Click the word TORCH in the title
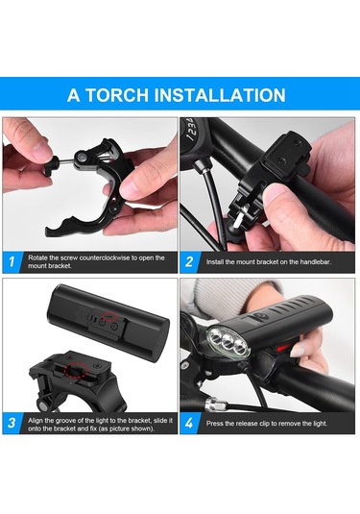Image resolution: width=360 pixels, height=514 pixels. click(x=116, y=95)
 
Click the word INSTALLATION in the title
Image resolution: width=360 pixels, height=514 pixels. click(x=220, y=95)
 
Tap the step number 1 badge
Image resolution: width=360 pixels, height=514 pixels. click(x=12, y=262)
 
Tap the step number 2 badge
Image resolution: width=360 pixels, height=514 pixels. click(x=189, y=262)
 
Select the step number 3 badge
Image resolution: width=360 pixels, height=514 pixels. click(x=12, y=423)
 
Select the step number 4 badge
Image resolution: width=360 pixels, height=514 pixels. click(x=189, y=423)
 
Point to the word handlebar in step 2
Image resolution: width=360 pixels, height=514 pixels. click(x=315, y=262)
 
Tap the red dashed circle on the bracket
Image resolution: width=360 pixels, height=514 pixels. click(x=77, y=370)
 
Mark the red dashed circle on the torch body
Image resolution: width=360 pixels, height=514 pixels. click(x=109, y=316)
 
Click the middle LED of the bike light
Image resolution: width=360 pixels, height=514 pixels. click(x=228, y=343)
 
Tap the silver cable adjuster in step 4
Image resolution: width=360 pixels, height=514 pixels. click(x=216, y=404)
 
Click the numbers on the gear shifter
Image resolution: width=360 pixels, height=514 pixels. click(x=191, y=130)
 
